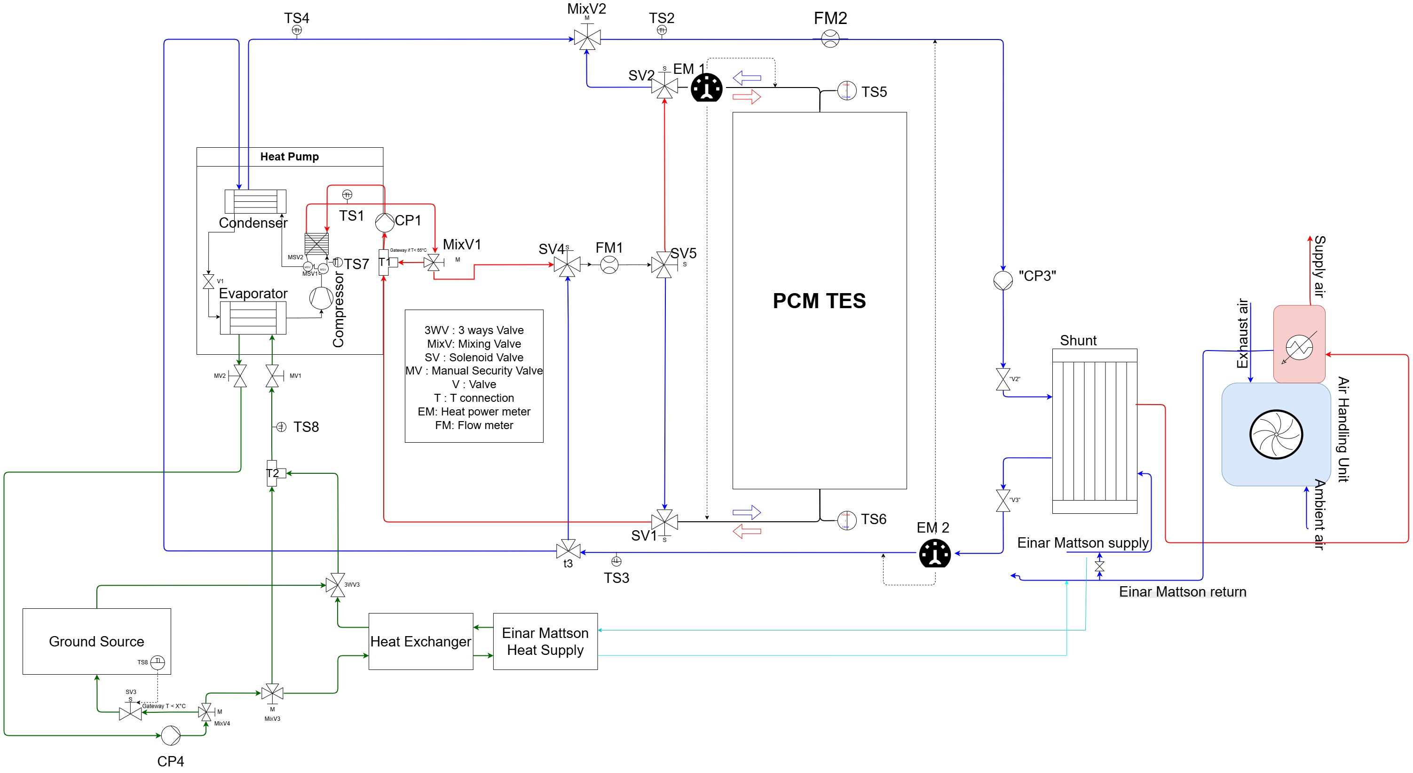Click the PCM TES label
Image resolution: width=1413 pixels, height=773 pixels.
[x=819, y=301]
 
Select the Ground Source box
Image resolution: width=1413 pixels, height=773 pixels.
[x=96, y=641]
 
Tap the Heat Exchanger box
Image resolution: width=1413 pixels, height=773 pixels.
[x=421, y=641]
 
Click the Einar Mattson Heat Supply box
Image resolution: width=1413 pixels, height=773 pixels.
[x=545, y=641]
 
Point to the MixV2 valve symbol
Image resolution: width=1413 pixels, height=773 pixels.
[x=587, y=39]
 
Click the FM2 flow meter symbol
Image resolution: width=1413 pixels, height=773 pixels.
[x=830, y=39]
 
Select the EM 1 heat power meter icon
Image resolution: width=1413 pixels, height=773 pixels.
[x=706, y=88]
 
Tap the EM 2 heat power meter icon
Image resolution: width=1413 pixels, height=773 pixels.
[x=935, y=553]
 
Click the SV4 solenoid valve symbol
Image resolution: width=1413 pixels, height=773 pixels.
[x=567, y=265]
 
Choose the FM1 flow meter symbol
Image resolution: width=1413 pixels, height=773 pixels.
[x=609, y=265]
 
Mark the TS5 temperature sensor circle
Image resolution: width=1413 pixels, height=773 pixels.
[x=847, y=91]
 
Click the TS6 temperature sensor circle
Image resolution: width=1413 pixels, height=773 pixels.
[x=847, y=520]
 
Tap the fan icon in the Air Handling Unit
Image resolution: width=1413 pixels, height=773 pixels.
[x=1276, y=434]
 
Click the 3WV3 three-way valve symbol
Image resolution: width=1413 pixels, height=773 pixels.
[x=335, y=585]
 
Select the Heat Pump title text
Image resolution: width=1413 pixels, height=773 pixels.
[x=289, y=157]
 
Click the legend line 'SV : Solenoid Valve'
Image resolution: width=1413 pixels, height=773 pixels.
[x=474, y=358]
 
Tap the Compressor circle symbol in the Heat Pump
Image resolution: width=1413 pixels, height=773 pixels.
[x=321, y=297]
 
